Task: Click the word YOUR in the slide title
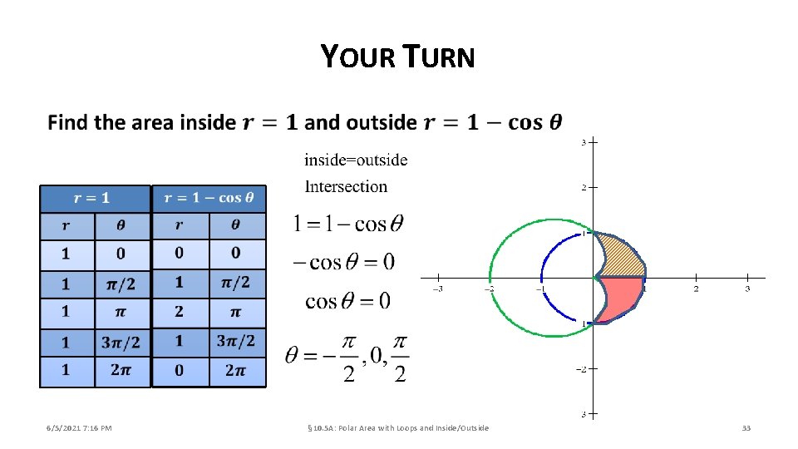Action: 354,57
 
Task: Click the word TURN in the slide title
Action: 440,57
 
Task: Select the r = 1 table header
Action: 94,199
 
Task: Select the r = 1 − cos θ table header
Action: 209,199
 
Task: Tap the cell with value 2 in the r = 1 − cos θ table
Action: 180,313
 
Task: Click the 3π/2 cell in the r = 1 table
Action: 121,342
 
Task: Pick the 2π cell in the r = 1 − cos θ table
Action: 236,371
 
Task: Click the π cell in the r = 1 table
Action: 121,313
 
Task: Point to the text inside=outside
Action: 356,160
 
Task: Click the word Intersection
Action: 346,186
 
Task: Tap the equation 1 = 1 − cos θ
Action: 348,223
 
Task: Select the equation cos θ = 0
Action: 347,300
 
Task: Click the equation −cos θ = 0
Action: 343,262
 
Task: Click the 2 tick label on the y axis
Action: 584,188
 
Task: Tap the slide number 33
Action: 746,428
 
